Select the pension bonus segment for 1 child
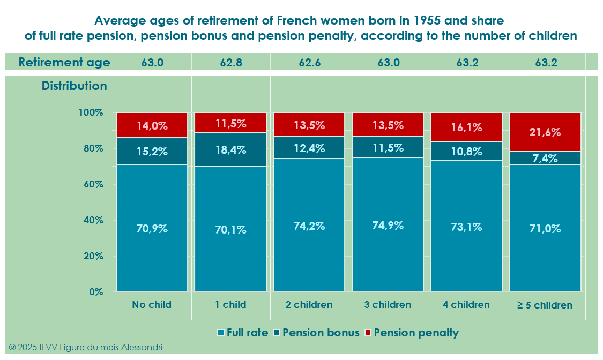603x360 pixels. tap(230, 149)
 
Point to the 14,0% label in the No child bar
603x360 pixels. tap(152, 126)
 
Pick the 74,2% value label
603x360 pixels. tap(309, 226)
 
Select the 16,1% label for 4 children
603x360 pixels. tap(467, 128)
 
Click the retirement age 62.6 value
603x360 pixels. tap(310, 62)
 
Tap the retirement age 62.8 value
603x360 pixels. tap(231, 62)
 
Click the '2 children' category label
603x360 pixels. tap(309, 305)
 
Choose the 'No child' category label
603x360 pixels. tap(152, 305)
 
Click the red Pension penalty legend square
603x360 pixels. tap(367, 333)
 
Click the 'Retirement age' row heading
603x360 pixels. tap(64, 62)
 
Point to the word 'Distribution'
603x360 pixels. tap(75, 86)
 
